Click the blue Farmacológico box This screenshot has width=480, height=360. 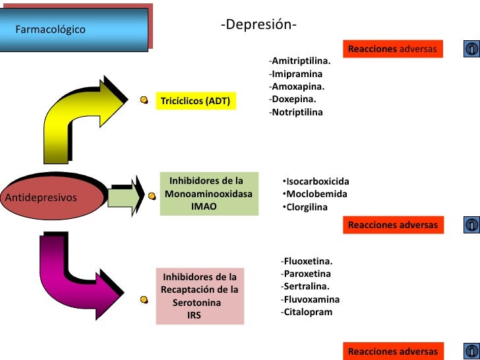(74, 30)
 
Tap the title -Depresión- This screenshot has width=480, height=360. (258, 25)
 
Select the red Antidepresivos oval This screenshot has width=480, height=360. (54, 196)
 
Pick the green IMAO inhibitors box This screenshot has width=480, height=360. (209, 194)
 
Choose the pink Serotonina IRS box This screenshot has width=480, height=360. (200, 296)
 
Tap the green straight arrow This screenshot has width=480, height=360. (126, 196)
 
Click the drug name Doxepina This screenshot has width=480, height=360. (294, 99)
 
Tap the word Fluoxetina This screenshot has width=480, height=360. (307, 261)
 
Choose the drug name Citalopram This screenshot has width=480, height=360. (307, 312)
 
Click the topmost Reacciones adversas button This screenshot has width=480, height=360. (392, 49)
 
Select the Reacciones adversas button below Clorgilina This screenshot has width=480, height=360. (392, 225)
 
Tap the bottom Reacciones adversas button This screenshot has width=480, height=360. (392, 351)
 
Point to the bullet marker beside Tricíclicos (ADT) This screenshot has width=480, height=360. (144, 100)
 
